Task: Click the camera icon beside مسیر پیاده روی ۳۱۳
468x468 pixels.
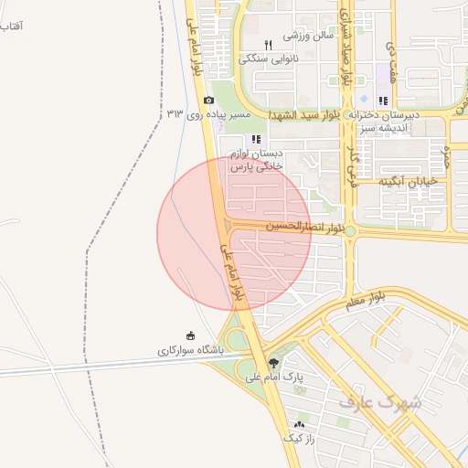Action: click(x=208, y=100)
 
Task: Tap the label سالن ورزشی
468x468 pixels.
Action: click(x=307, y=37)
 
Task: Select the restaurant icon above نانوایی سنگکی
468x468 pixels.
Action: click(x=268, y=45)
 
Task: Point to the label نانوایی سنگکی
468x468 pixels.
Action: click(x=269, y=58)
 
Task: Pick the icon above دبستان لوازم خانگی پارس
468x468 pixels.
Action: click(x=255, y=139)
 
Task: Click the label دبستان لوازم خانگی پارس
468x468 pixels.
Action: click(x=256, y=160)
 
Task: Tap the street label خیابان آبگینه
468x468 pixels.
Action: click(x=409, y=181)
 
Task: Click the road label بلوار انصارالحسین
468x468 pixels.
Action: click(x=305, y=225)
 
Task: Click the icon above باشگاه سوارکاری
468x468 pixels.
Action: click(x=190, y=335)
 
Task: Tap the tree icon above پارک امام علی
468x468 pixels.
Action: click(x=273, y=363)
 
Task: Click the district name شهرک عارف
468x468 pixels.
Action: click(x=380, y=401)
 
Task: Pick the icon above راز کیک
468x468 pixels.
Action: click(x=299, y=425)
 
